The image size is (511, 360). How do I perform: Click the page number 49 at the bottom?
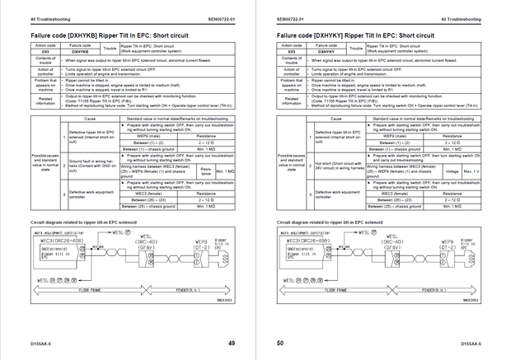point(232,343)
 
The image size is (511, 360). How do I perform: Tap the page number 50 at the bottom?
point(280,343)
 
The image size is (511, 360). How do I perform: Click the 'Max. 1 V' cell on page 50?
point(471,171)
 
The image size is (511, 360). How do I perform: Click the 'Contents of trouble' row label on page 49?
point(46,62)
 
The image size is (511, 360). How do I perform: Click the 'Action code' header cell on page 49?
point(46,45)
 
